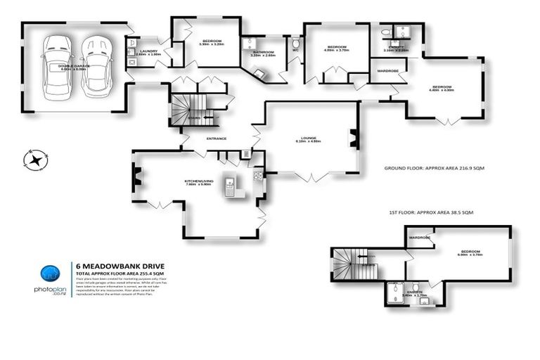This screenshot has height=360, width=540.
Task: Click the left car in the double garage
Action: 56,66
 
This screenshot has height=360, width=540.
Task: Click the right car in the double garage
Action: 95,66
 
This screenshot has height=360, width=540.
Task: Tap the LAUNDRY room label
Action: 148,51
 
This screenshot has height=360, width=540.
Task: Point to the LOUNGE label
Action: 308,138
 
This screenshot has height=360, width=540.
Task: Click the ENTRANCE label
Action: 216,139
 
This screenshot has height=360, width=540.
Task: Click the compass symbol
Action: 34,160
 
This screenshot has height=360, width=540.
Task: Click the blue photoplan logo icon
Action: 48,275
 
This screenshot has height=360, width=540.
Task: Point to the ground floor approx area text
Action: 435,169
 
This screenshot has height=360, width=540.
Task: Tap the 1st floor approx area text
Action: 431,212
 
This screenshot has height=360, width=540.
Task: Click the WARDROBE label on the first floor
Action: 420,238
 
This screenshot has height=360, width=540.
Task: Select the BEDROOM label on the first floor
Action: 469,251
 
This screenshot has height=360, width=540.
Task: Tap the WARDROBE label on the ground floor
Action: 388,71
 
